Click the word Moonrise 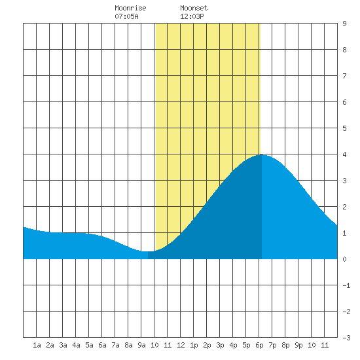pos(130,8)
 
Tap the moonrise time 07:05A pos(126,16)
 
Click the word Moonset pos(194,8)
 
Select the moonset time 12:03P pos(192,16)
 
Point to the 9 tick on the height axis pos(344,24)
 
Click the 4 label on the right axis pos(344,154)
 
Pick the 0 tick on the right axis pos(344,259)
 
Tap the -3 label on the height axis pos(346,338)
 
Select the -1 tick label pos(346,285)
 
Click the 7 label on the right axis pos(344,76)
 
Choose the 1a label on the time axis pos(37,345)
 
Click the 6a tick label pos(102,345)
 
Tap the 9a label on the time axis pos(141,345)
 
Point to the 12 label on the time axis pos(181,345)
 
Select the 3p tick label pos(220,345)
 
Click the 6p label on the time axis pos(259,345)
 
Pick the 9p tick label pos(298,345)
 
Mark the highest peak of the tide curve pos(262,155)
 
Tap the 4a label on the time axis pos(76,345)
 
